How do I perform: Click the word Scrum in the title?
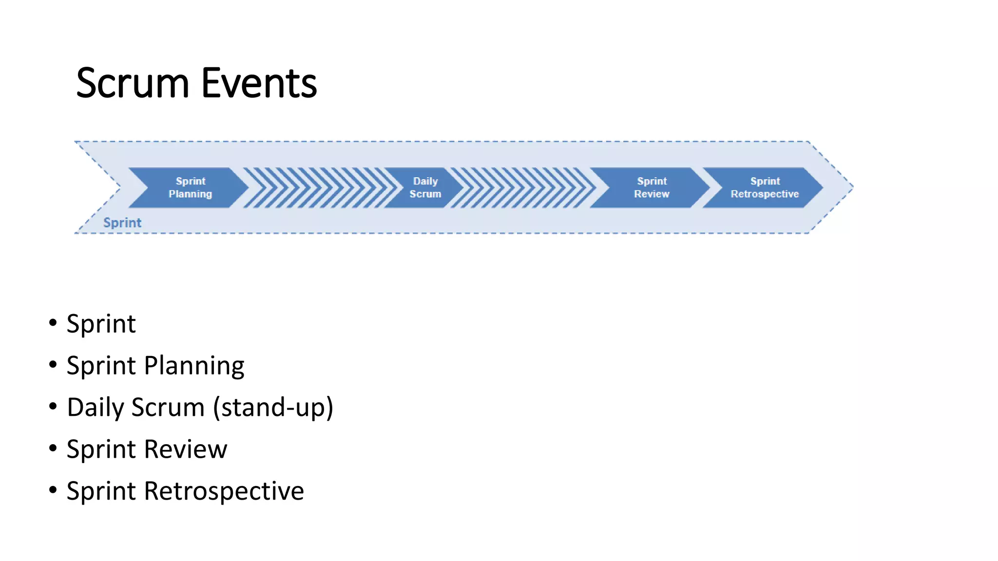pos(132,83)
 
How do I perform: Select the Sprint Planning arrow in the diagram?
pos(190,187)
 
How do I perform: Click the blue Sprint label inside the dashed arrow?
pos(122,223)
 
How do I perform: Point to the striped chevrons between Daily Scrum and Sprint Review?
pos(524,187)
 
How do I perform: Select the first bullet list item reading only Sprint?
pos(101,324)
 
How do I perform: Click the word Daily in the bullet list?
pos(95,408)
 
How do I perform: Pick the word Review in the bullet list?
pos(186,449)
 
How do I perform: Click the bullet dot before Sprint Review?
pos(53,448)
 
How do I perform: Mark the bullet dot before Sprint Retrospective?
pos(53,490)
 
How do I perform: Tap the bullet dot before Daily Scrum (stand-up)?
pos(53,406)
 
